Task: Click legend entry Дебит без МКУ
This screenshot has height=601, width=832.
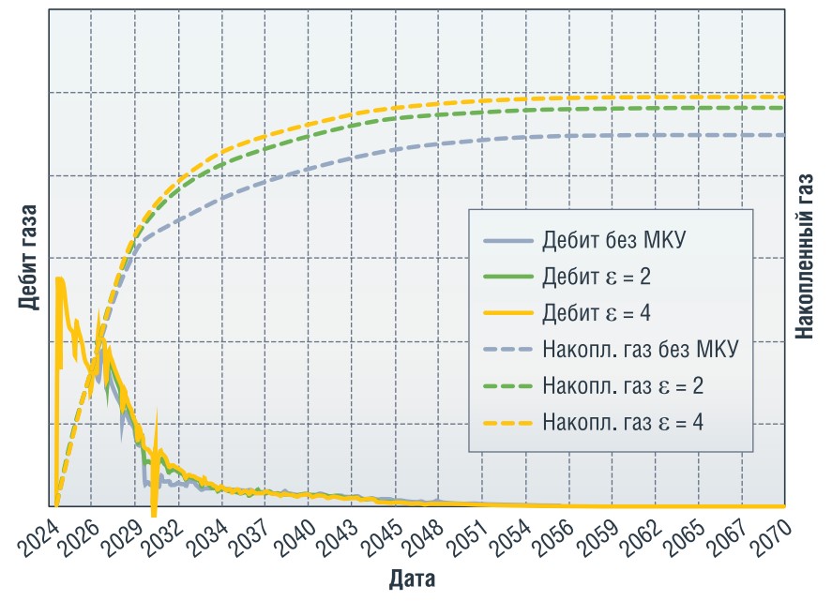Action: click(613, 240)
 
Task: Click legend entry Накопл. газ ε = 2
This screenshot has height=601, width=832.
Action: click(623, 385)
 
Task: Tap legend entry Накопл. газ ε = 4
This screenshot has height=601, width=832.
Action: click(623, 422)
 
